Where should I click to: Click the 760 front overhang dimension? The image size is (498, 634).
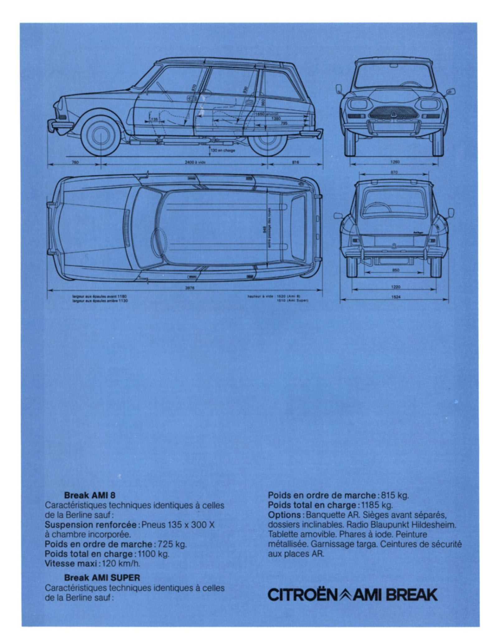75,162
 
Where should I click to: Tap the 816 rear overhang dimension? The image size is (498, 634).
295,162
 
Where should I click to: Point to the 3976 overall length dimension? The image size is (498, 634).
190,288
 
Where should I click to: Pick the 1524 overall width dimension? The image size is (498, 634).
396,297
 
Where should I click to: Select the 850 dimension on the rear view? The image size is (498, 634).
396,270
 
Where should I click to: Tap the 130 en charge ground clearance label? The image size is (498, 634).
223,151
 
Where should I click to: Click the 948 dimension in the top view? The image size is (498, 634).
265,231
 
